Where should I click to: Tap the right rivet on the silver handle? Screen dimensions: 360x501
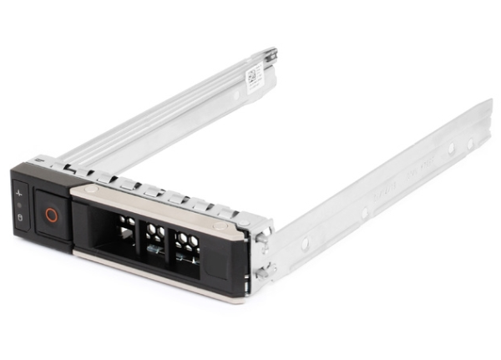tap(218, 226)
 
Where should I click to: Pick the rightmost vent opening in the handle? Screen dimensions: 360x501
tap(185, 244)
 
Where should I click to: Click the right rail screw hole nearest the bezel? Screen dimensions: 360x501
tap(305, 244)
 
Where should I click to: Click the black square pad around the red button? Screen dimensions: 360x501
tap(51, 215)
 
